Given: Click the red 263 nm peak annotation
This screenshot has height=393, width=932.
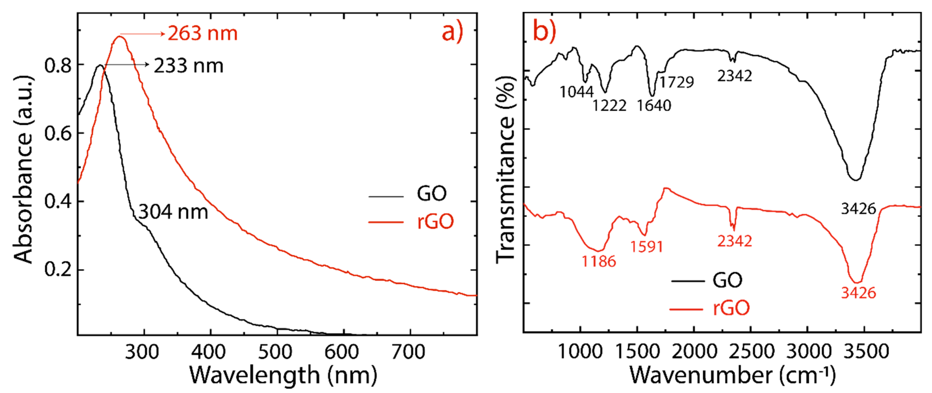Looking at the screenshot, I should point(202,34).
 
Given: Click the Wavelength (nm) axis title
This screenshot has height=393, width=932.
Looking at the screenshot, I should point(283,375).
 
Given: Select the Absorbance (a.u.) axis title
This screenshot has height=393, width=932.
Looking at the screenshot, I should point(24,170).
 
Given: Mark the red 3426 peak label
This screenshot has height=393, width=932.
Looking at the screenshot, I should point(858,293).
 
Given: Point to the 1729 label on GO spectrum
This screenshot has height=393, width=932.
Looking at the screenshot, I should point(676,82).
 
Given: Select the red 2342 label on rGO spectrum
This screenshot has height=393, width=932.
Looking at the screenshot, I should point(734,241).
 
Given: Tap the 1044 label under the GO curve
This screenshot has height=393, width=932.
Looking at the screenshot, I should point(576,92).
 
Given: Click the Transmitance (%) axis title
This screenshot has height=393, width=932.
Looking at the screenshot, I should point(505,170).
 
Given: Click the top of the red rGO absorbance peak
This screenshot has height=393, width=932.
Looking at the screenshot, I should point(119,37).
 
